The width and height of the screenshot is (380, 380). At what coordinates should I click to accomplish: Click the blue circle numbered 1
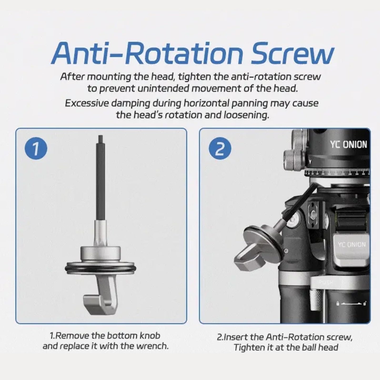pos(36,148)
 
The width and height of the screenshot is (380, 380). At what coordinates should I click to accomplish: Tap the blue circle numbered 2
pos(220,148)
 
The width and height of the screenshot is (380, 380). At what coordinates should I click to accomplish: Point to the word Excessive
pos(87,103)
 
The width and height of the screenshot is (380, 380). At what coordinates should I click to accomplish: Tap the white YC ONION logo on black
pos(349,145)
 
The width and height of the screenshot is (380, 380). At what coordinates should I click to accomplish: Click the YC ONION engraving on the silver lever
pos(352,245)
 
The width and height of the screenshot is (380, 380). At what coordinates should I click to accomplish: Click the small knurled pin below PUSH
pos(316,303)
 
